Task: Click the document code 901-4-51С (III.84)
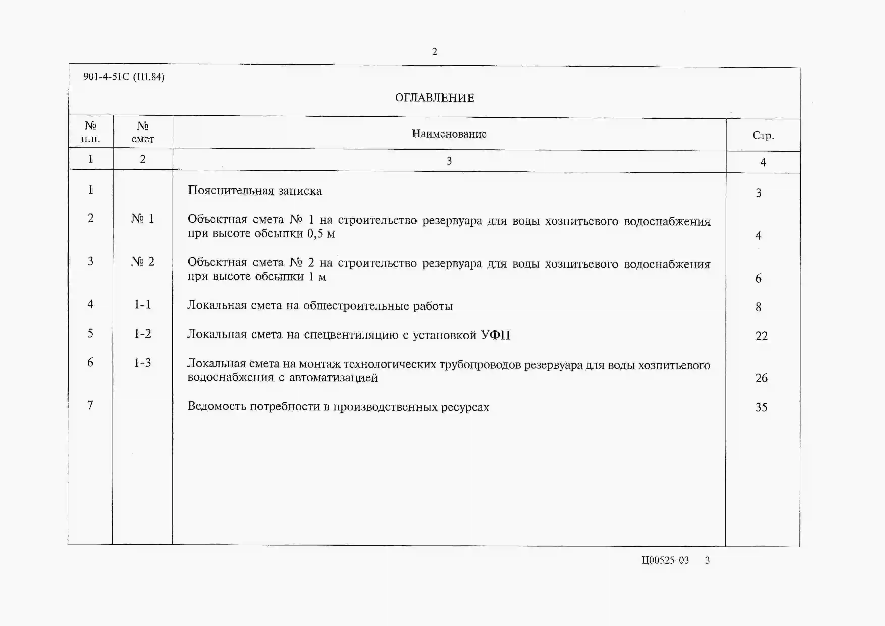click(124, 77)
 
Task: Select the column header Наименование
click(449, 134)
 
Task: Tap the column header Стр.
click(763, 136)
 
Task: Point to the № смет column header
click(143, 132)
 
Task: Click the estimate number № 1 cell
click(143, 219)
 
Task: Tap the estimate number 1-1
click(142, 304)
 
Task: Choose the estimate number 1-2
click(142, 333)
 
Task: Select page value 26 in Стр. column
click(761, 378)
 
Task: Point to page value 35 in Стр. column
click(761, 407)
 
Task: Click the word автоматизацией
click(333, 377)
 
